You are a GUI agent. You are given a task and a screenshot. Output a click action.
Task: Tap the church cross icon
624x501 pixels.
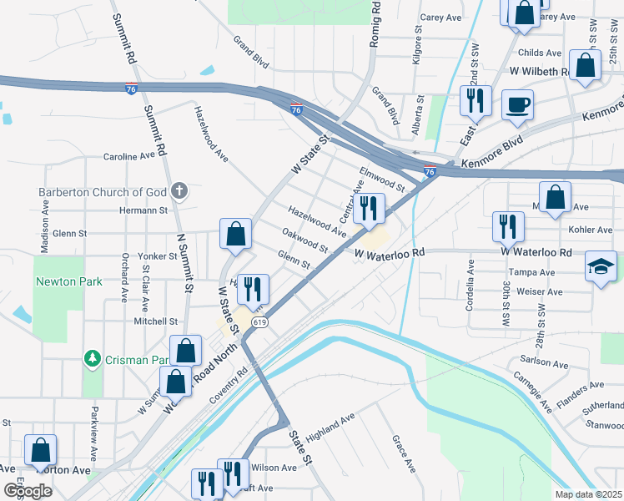[179, 192]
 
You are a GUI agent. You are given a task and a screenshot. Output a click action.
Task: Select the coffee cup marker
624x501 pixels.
[517, 105]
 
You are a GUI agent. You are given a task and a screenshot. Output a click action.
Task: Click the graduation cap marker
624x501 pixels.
[601, 267]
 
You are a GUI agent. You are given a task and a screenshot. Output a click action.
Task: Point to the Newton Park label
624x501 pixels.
[69, 281]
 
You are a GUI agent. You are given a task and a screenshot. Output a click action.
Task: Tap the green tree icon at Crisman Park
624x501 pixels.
[93, 360]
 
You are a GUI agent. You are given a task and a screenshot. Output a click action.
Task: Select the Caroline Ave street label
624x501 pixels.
[129, 156]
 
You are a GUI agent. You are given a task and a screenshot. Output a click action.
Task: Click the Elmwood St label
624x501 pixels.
[381, 176]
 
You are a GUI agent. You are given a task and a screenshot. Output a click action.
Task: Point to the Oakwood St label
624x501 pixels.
[304, 241]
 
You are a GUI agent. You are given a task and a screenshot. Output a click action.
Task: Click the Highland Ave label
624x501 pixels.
[330, 427]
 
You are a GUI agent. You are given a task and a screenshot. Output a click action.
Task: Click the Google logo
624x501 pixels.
[28, 490]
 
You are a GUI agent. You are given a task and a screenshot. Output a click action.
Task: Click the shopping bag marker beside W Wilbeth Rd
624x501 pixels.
[585, 67]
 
